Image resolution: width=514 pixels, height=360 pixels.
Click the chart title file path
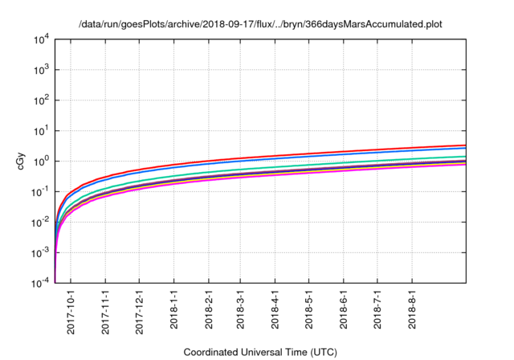tap(261, 24)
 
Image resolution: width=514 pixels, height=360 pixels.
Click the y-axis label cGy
tap(22, 161)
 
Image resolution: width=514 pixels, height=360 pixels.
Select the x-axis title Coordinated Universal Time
tap(261, 352)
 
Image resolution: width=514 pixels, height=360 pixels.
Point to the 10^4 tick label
tap(42, 39)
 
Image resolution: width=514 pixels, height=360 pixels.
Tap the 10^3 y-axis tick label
tap(42, 70)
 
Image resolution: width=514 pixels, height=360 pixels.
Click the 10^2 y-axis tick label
tap(42, 100)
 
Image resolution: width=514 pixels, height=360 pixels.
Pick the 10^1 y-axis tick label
tap(42, 131)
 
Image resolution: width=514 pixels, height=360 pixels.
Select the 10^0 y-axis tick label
tap(42, 162)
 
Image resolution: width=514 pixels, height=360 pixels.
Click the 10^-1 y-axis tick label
tap(42, 192)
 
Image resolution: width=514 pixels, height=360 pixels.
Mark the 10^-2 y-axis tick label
tap(42, 223)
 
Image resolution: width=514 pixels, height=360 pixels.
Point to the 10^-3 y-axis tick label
tap(42, 253)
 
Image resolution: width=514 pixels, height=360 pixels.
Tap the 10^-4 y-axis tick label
tap(42, 284)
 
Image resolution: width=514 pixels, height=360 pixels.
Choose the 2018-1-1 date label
tap(174, 309)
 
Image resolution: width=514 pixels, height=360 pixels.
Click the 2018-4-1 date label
tap(275, 309)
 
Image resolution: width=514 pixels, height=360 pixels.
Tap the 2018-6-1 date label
tap(344, 309)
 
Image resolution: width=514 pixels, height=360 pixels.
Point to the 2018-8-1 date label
tap(412, 309)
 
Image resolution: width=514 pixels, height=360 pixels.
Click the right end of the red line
tap(466, 145)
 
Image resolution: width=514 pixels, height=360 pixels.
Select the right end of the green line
tap(466, 157)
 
